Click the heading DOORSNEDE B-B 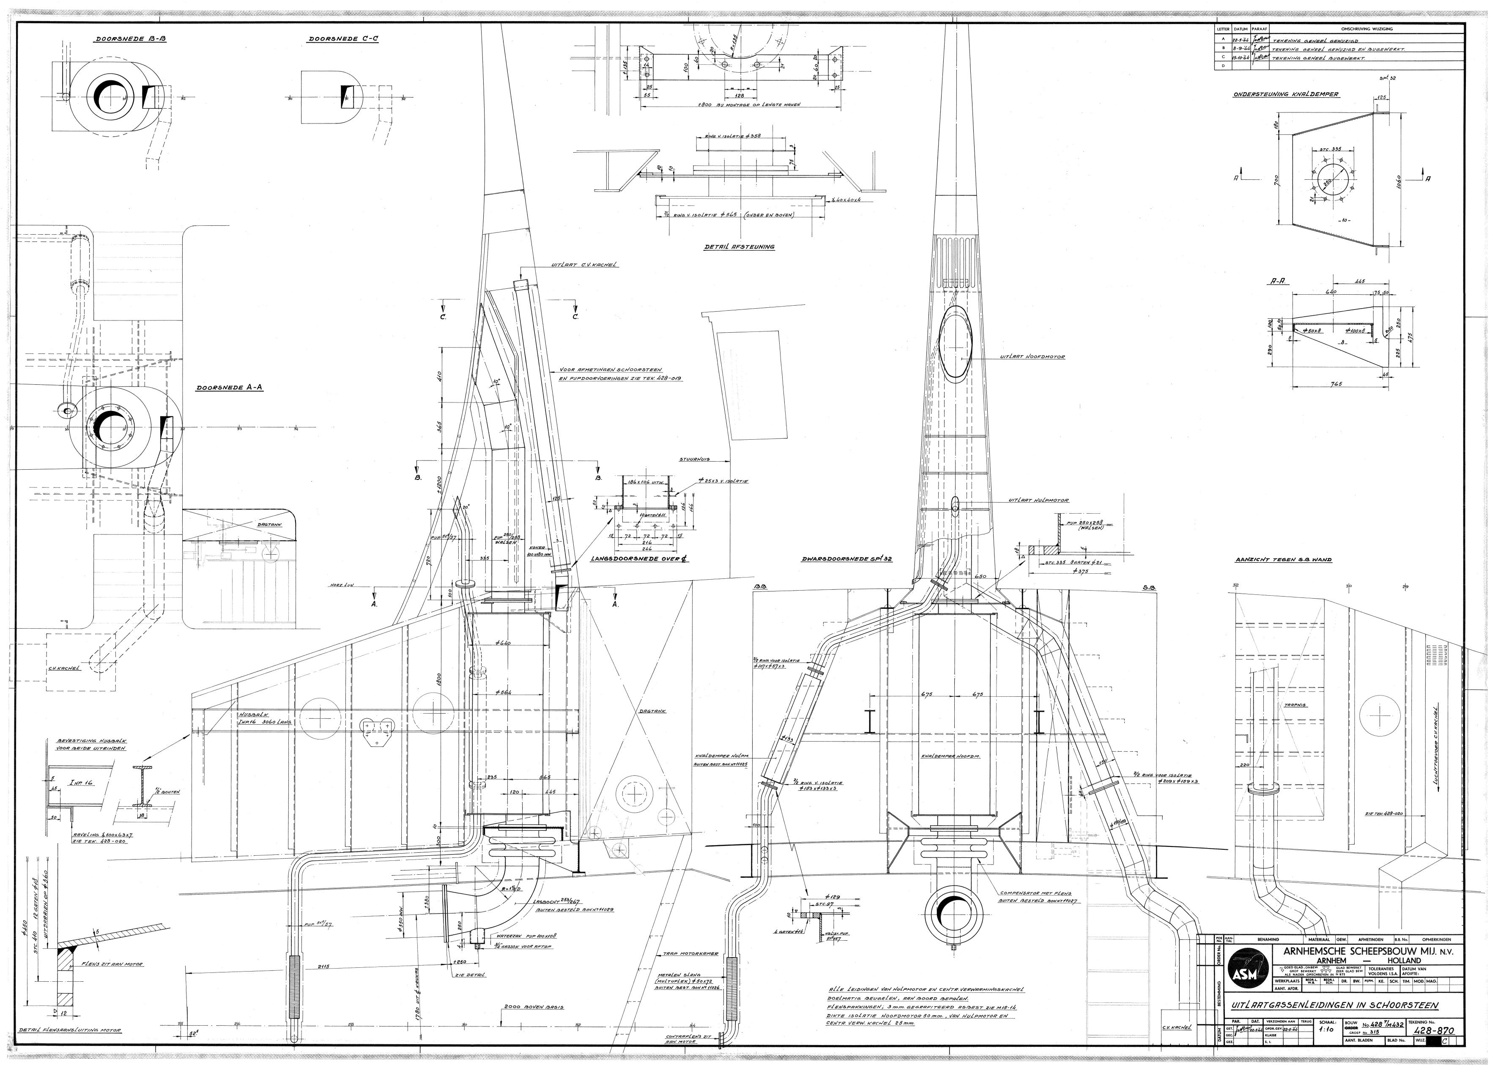pos(131,39)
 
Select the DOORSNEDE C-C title pos(343,39)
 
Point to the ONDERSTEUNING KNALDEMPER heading pos(1285,94)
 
